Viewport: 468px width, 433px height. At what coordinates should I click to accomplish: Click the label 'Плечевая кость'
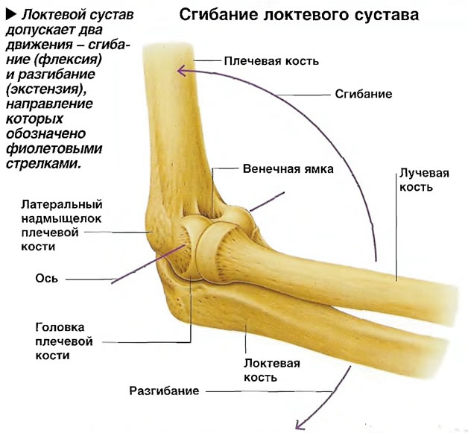(271, 61)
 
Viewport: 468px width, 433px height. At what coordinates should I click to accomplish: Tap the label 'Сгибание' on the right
(363, 94)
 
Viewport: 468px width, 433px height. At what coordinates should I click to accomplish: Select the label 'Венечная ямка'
(288, 169)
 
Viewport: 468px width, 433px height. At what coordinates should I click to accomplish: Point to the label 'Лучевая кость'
(424, 180)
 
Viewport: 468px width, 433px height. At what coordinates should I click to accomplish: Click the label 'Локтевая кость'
(272, 370)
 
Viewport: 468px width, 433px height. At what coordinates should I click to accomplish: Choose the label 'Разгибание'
(164, 391)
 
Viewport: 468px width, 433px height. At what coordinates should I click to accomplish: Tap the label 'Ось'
(46, 279)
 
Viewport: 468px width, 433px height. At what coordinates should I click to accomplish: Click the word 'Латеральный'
(62, 204)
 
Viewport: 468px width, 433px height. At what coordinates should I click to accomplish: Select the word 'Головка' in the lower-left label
(60, 327)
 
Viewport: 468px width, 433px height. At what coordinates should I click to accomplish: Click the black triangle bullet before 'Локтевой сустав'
(11, 15)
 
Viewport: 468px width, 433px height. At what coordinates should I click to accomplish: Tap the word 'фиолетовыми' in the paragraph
(54, 148)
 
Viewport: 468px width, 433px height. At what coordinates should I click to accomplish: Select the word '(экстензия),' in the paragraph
(46, 89)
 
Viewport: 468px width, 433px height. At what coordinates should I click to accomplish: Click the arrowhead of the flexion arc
(181, 71)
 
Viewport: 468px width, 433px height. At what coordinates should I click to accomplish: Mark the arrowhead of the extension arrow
(299, 425)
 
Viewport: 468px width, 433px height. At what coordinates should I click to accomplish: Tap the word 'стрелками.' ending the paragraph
(43, 164)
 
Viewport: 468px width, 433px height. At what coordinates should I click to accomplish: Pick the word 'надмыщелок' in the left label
(62, 219)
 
